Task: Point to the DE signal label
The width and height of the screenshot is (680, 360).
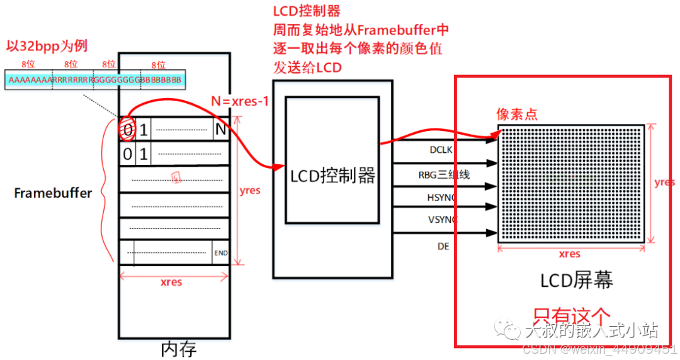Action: coord(443,246)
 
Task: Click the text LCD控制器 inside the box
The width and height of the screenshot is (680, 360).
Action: coord(332,176)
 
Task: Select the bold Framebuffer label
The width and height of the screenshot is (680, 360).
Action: coord(53,193)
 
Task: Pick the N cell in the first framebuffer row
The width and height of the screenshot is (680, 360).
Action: coord(220,130)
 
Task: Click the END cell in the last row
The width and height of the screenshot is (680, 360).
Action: coord(220,253)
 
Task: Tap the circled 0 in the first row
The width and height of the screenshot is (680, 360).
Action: coord(127,131)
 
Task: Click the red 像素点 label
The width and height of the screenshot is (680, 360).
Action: coord(517,115)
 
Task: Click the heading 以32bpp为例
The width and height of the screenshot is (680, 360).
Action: coord(47,46)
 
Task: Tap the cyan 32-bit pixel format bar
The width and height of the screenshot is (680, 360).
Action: coord(94,79)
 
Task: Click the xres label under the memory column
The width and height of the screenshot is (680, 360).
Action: coord(171,282)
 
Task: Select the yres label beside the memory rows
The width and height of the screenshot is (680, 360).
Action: coord(250,190)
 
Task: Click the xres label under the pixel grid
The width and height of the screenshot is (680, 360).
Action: coord(570,254)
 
